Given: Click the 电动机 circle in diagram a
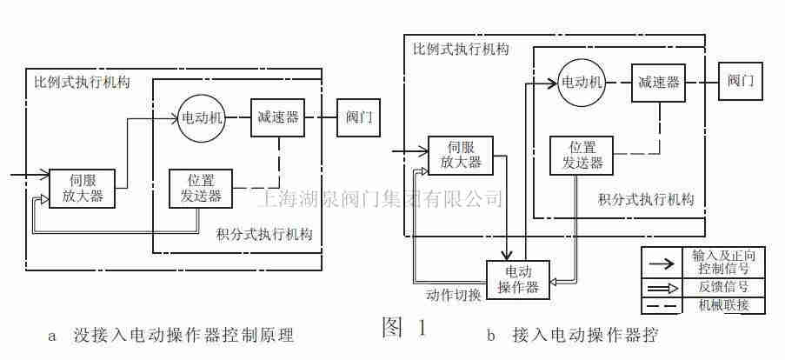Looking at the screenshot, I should (203, 117).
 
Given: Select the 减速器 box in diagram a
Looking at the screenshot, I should (278, 117).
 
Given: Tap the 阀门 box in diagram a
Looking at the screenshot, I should (358, 117).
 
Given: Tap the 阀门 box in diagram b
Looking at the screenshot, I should (741, 82).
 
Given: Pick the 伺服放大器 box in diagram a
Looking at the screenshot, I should (83, 188).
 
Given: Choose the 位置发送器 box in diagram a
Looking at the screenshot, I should (201, 189).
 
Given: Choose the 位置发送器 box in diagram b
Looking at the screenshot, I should (580, 156).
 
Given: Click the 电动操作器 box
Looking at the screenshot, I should (517, 278).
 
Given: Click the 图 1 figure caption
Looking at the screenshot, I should (404, 327).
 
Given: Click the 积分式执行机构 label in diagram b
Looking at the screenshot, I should (646, 199).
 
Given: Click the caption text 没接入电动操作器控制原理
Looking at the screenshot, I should (183, 335).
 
